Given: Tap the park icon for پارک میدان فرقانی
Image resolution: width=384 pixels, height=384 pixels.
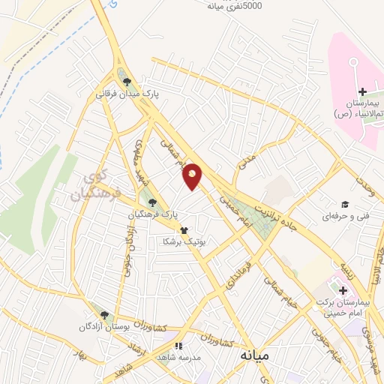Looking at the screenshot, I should [127, 82].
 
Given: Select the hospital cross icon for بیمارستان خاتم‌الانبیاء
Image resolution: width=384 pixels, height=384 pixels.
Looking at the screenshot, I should [362, 91].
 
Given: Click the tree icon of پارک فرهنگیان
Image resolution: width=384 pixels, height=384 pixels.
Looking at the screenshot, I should [153, 202].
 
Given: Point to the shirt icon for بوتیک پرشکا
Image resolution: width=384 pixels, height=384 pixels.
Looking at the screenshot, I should [183, 230].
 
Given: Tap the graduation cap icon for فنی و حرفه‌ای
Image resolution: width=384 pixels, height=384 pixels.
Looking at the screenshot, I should [345, 204].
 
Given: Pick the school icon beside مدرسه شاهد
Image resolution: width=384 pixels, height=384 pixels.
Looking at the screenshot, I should [178, 346].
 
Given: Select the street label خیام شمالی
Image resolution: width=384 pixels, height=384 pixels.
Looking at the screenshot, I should [284, 290].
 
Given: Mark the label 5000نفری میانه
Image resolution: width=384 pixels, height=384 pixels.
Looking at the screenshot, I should [236, 6].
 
